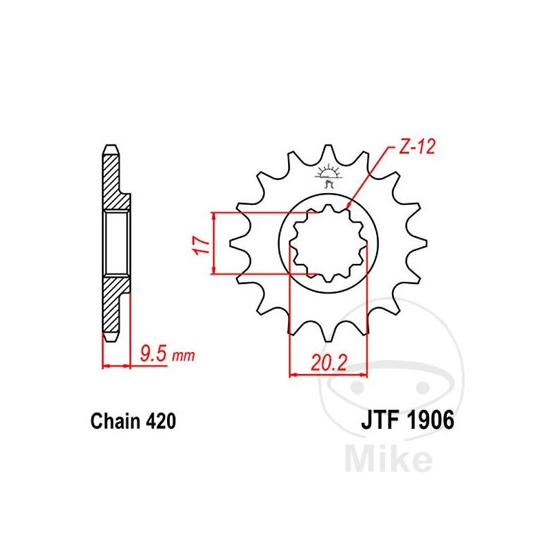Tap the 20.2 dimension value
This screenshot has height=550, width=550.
point(329,363)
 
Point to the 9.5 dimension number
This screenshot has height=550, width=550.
point(153,353)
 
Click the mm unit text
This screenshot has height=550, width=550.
point(183,356)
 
